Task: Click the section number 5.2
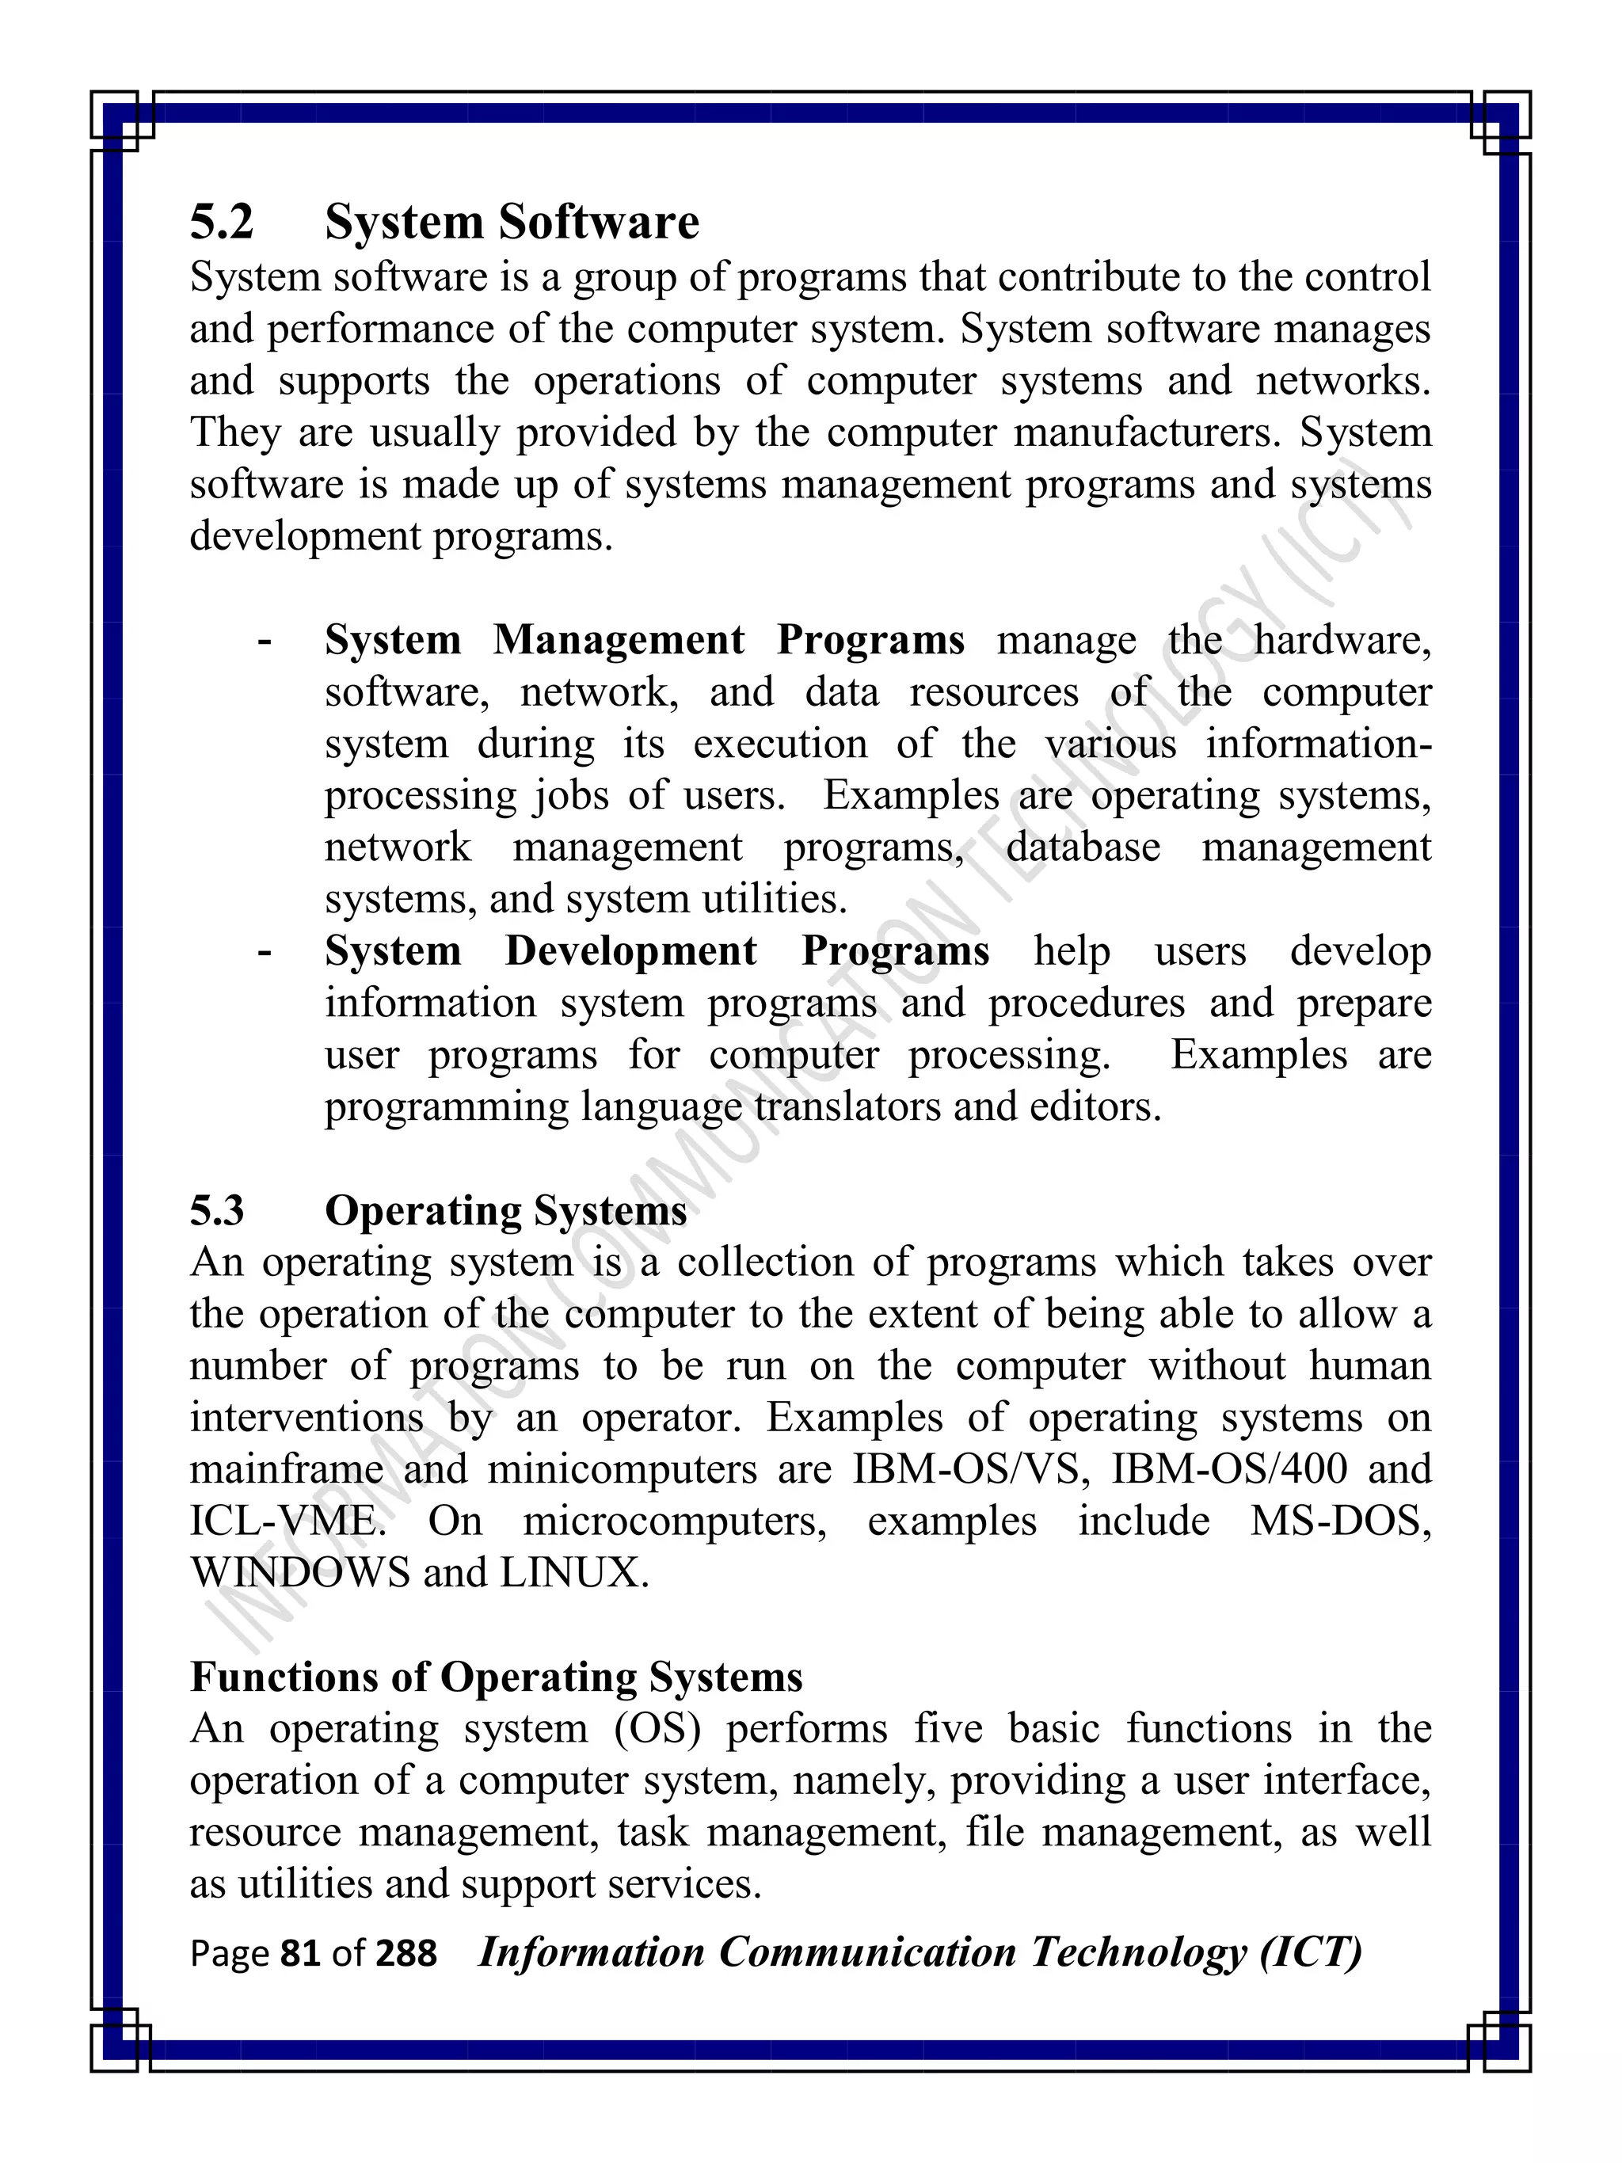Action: click(221, 222)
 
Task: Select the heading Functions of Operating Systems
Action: click(496, 1676)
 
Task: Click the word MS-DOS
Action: click(1339, 1521)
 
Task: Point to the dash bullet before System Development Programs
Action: click(263, 951)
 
